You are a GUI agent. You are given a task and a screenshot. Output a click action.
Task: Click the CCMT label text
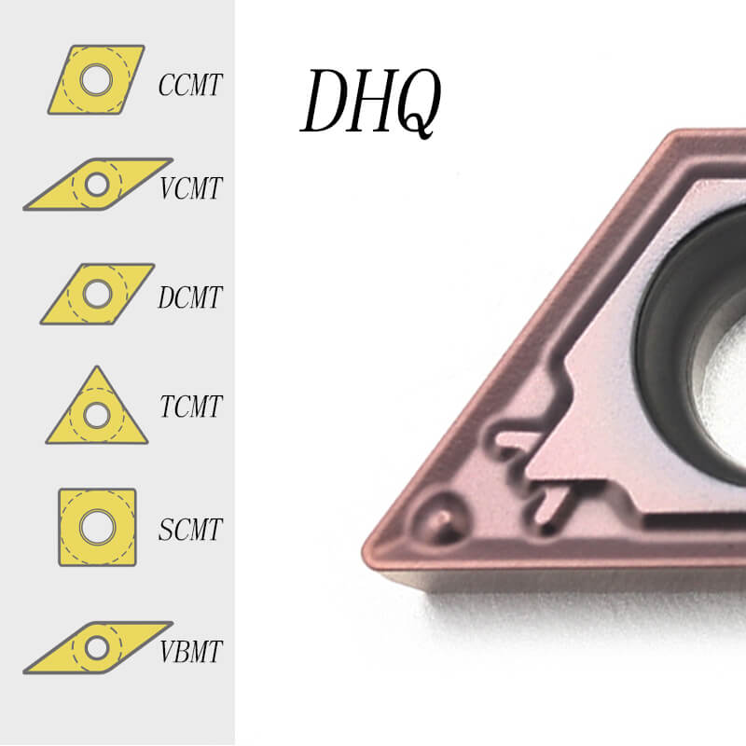(190, 86)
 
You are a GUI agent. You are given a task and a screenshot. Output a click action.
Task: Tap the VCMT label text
(190, 188)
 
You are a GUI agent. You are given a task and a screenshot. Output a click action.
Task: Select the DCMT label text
(190, 297)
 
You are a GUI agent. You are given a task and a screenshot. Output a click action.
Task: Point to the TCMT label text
(190, 407)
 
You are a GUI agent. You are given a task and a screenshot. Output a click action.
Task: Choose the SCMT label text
(190, 530)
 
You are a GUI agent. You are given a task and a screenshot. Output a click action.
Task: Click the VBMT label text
(190, 650)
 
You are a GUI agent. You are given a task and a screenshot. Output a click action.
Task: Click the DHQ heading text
(370, 102)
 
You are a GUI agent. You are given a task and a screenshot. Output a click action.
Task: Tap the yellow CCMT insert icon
(96, 79)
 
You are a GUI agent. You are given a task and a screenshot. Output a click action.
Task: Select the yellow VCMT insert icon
(97, 184)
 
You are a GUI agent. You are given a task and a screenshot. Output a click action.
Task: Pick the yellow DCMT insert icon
(97, 294)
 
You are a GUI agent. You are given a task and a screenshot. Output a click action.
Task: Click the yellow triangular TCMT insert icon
(96, 410)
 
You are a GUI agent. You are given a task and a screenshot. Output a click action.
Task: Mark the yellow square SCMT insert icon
(97, 527)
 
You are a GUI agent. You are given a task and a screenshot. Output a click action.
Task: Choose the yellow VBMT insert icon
(97, 647)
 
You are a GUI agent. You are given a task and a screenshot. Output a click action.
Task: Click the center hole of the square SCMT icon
(93, 527)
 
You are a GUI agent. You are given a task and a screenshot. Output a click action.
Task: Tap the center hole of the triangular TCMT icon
(95, 414)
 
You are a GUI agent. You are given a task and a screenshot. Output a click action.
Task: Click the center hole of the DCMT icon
(94, 294)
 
